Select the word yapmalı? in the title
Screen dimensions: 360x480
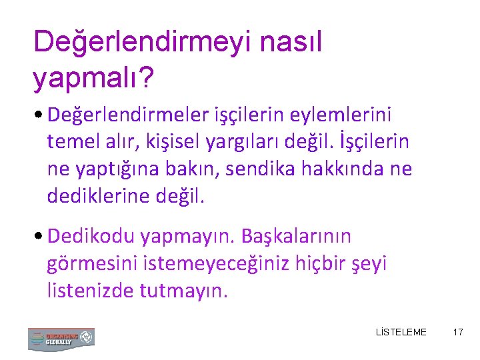click(94, 79)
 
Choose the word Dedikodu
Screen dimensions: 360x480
click(93, 237)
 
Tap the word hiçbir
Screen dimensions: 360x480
click(318, 263)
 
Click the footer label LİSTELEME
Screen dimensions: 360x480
click(401, 332)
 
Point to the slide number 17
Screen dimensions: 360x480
click(457, 332)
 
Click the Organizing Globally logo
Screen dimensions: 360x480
click(61, 338)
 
